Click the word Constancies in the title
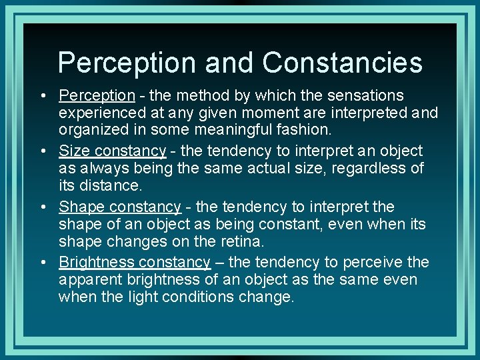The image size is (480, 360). pos(342,63)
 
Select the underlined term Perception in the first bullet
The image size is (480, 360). pos(97,96)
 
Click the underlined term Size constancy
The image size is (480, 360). pos(112,151)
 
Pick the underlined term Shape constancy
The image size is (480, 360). pos(120,207)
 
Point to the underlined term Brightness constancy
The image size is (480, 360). pos(135,262)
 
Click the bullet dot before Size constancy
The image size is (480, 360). pos(42,151)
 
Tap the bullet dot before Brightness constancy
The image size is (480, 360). pos(42,263)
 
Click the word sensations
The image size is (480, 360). pos(365,96)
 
